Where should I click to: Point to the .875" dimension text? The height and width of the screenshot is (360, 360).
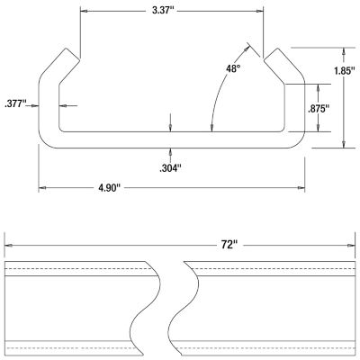pos(318,108)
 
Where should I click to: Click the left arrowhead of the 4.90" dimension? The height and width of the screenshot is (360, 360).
pos(41,187)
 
